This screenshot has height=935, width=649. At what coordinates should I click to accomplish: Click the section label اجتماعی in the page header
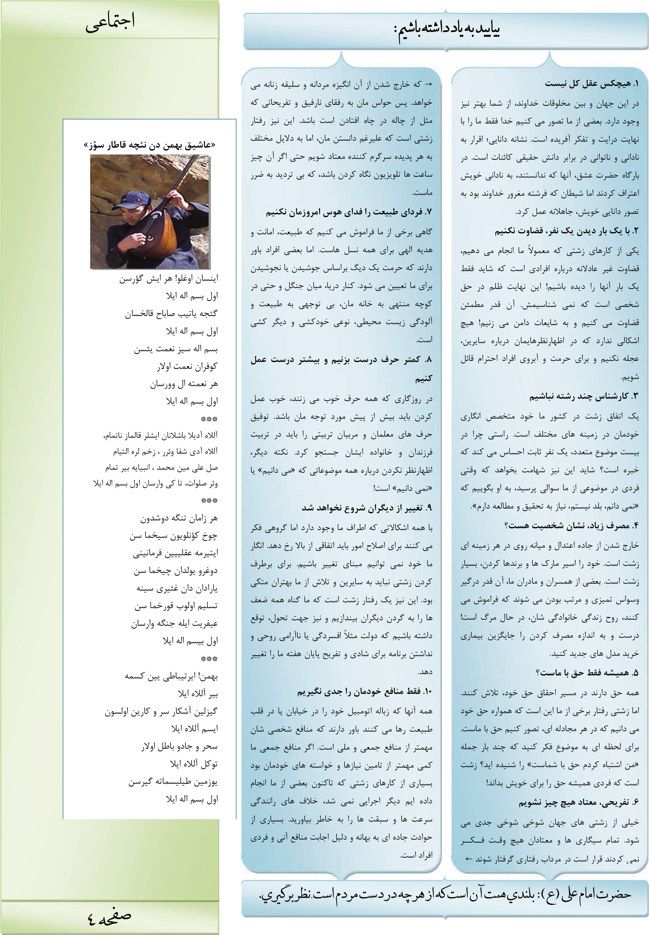110,23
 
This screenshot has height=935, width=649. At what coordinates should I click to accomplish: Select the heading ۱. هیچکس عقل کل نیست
592,84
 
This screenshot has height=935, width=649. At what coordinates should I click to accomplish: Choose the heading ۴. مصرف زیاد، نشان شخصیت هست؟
571,526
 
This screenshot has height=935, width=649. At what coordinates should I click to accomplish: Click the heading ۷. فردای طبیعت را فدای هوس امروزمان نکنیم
349,212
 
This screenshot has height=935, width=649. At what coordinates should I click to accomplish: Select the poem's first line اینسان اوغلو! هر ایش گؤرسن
169,279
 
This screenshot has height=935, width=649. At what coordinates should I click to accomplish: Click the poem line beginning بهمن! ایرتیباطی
171,676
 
